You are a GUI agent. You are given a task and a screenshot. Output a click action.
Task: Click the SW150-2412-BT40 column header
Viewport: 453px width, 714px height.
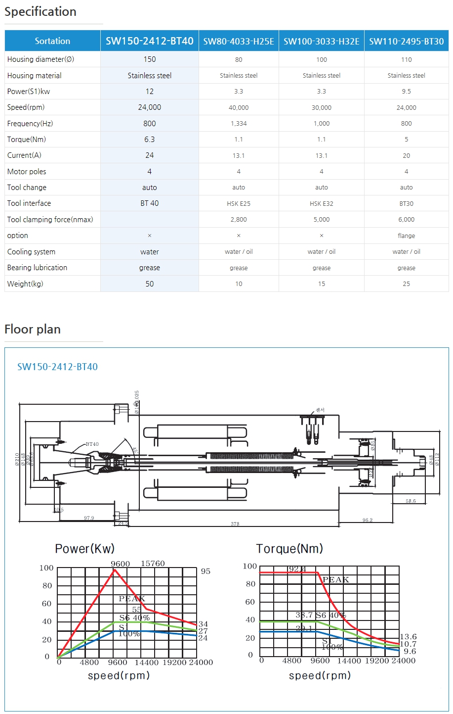click(x=149, y=41)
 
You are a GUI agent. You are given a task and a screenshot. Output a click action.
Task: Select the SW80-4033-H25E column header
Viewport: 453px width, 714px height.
click(x=239, y=41)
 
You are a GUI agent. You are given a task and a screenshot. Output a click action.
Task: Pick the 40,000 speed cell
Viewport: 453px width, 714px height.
click(x=239, y=107)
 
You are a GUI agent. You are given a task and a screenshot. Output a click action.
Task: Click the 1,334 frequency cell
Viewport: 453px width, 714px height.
click(x=239, y=124)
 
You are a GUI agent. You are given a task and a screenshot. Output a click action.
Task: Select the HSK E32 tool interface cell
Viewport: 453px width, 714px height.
click(x=322, y=203)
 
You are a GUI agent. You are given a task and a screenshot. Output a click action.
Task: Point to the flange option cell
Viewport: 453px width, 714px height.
click(x=406, y=236)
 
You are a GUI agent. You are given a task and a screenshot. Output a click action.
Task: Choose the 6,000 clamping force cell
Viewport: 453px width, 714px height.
click(x=406, y=220)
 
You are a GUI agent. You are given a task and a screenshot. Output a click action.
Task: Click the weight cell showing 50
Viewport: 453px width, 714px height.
click(x=149, y=284)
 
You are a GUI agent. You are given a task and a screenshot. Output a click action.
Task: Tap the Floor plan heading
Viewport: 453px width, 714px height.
click(x=33, y=330)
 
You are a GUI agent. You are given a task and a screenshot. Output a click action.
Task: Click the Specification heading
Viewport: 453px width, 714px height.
click(x=41, y=12)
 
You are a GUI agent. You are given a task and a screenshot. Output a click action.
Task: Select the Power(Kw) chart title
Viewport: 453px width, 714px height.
click(x=84, y=549)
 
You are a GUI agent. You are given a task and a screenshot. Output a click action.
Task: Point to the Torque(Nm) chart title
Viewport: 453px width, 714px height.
click(x=289, y=549)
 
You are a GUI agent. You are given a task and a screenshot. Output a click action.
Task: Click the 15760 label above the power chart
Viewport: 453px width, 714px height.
click(x=153, y=564)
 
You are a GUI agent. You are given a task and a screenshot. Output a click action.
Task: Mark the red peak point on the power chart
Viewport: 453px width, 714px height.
click(x=115, y=570)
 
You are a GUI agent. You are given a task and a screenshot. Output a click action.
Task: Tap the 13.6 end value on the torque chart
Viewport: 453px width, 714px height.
click(x=408, y=637)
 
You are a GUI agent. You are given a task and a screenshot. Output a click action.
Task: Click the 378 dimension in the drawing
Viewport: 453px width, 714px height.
click(x=235, y=524)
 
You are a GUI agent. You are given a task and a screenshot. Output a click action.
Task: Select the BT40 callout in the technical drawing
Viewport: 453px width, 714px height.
click(x=92, y=444)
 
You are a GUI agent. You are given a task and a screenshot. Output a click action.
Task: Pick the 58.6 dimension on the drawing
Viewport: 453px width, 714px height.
click(x=411, y=501)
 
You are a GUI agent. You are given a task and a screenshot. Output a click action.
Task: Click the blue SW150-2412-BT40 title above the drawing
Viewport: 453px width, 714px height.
click(x=57, y=367)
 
